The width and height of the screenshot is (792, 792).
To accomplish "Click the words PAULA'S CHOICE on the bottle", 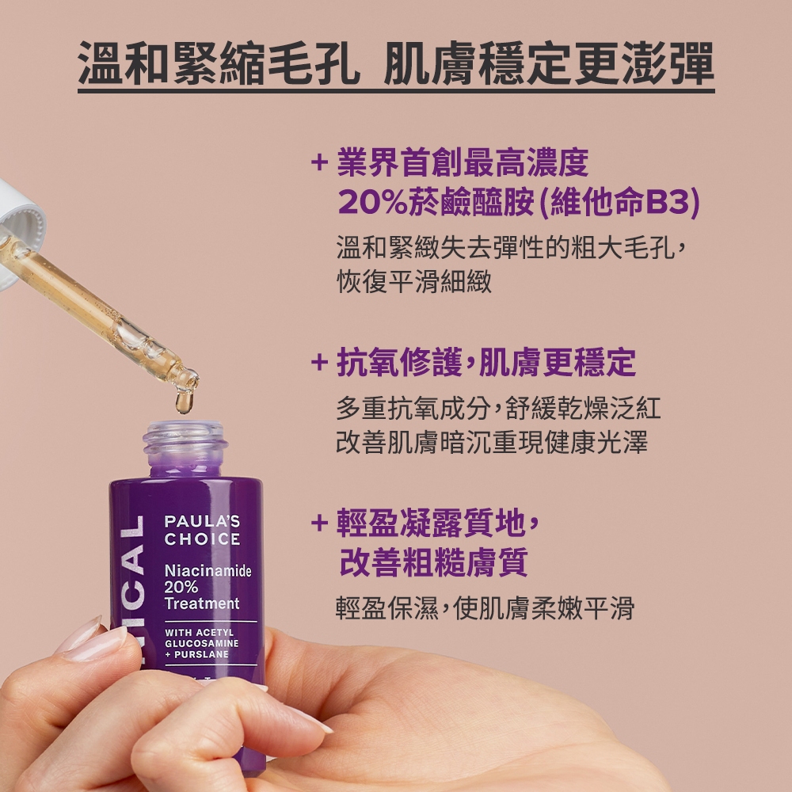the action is (202, 530).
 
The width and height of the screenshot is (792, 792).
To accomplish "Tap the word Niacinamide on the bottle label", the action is (208, 571).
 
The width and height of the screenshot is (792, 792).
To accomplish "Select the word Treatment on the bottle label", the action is (202, 603).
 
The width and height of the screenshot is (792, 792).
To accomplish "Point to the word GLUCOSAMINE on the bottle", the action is (201, 643).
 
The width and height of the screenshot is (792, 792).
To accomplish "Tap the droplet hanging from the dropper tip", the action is (184, 401).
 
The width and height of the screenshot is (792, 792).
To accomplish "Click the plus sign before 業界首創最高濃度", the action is (319, 162).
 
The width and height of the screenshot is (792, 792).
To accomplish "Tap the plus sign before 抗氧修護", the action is (319, 362).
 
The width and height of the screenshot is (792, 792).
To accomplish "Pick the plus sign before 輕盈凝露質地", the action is (319, 522).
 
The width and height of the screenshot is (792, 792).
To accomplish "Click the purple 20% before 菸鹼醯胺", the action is (372, 202).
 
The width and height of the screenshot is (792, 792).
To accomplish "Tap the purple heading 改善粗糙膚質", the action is (433, 562).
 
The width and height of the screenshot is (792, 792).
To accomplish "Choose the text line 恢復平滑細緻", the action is (413, 281).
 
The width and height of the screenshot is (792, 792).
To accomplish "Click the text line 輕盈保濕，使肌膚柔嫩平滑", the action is (485, 607).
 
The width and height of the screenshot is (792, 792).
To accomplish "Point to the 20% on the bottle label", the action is (181, 587).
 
